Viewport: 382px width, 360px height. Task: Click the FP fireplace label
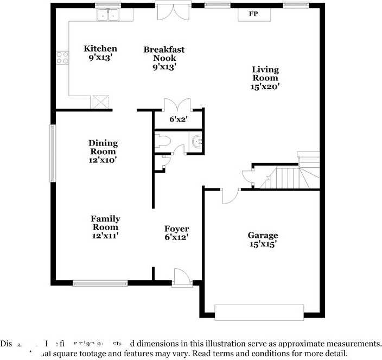coord(253,14)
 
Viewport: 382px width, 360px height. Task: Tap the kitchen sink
coord(108,15)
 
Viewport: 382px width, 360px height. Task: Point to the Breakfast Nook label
coord(164,53)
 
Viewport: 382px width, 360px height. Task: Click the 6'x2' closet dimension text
coord(179,119)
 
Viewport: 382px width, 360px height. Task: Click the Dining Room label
coord(103,147)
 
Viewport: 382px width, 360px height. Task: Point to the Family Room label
coord(105,223)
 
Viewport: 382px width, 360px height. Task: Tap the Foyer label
coord(177,229)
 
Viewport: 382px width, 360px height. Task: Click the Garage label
coord(263,235)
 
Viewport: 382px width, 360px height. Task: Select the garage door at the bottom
coord(259,312)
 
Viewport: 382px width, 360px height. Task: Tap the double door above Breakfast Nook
coord(173,12)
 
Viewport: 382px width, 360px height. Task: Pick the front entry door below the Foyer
coord(181,276)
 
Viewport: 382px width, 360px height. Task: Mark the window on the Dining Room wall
coord(53,154)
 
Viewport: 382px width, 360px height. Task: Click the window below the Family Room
coord(100,282)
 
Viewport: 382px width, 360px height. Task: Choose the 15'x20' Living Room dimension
coord(265,86)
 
